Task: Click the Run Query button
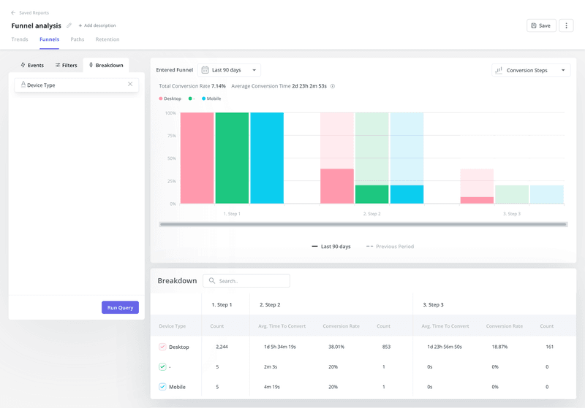click(x=120, y=307)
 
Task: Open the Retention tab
click(x=107, y=39)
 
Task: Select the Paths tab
click(x=77, y=39)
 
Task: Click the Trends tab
click(x=20, y=39)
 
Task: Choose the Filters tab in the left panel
click(x=66, y=65)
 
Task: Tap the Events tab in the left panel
click(x=31, y=65)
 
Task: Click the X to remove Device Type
click(x=130, y=85)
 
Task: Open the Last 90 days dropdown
click(x=230, y=70)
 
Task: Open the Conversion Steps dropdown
click(x=531, y=70)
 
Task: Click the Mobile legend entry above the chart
click(x=211, y=99)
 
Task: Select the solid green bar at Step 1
click(x=232, y=158)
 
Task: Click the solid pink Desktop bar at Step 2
click(x=337, y=186)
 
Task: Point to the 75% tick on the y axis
click(x=170, y=136)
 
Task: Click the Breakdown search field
click(x=246, y=281)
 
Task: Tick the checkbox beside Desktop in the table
click(x=162, y=347)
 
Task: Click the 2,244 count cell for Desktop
click(x=222, y=347)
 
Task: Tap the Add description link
click(x=97, y=26)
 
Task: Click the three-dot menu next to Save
click(x=565, y=26)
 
